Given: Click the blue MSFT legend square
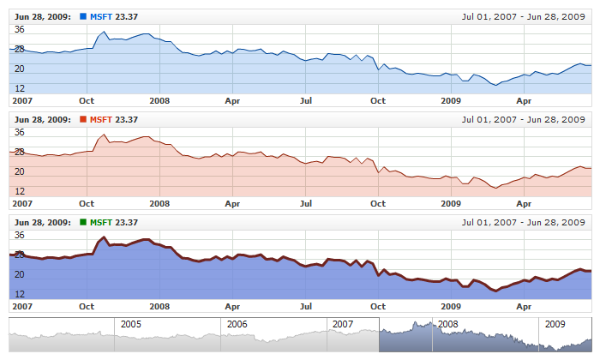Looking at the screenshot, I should [x=82, y=16].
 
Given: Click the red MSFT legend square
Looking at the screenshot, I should [x=82, y=119].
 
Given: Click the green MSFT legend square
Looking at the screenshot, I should [x=82, y=222].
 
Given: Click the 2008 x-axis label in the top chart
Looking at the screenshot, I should [x=159, y=100].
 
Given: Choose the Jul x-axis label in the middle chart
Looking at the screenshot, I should [x=305, y=203].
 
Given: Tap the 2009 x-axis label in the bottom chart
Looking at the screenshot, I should [x=451, y=306].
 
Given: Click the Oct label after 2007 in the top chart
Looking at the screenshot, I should [x=87, y=100].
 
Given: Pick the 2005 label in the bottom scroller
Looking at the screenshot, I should [x=131, y=325].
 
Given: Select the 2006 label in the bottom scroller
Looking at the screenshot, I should [x=237, y=325].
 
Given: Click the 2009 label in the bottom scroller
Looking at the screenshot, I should [x=555, y=325].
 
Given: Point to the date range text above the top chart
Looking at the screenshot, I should [x=524, y=16].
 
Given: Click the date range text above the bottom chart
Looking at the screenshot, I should [x=524, y=222].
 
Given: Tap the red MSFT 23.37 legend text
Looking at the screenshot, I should [x=114, y=119].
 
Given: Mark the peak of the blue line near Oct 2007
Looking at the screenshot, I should [x=104, y=32].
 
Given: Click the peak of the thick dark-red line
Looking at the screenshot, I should [x=104, y=237].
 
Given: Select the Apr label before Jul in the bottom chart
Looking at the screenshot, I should [x=232, y=306].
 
